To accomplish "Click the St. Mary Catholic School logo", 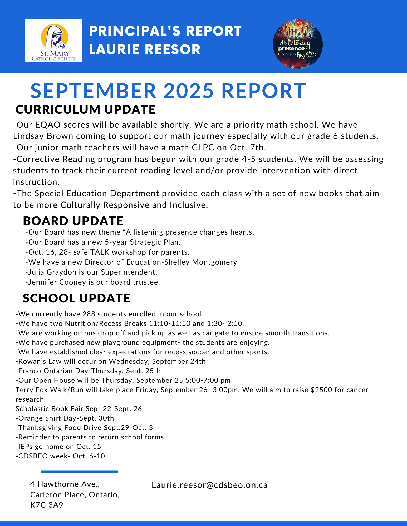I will point(53,41).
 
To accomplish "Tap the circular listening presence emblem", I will point(298,44).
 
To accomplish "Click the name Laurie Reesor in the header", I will point(145,49).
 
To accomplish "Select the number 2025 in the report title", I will point(188,91).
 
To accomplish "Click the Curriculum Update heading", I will point(86,109).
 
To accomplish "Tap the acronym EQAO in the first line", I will point(48,125).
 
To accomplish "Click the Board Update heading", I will point(73,221).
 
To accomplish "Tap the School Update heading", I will point(77,298).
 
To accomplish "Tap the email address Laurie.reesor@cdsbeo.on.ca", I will point(209,485).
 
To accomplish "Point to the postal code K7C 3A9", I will point(47,505).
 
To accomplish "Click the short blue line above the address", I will point(79,472).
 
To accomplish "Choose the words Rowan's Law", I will point(40,361).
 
